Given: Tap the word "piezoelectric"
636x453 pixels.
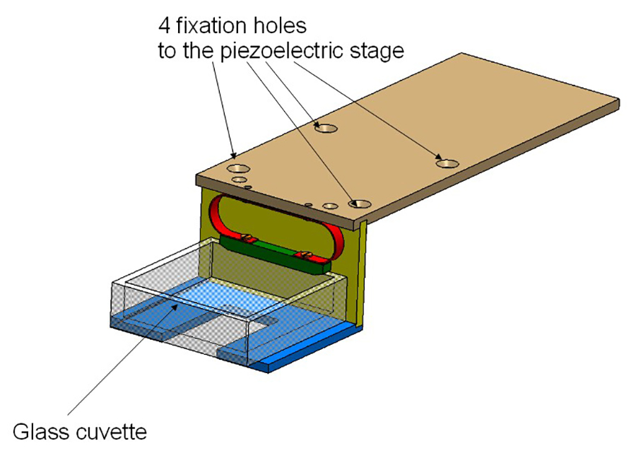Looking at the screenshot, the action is coord(278,52).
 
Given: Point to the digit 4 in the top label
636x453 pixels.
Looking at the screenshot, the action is coord(164,26).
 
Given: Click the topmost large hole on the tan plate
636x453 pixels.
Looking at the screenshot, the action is coord(326,128).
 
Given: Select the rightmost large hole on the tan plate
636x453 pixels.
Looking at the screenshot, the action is coord(447,164).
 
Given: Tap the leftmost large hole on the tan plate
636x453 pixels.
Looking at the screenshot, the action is coord(238,169).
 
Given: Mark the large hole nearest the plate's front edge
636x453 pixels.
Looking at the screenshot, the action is coord(360,204).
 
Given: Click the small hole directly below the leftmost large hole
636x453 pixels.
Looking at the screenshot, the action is coord(240,180).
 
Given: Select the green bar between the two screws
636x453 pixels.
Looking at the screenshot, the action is coord(276,248).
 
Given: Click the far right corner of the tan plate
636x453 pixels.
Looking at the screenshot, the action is coord(619,99).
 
